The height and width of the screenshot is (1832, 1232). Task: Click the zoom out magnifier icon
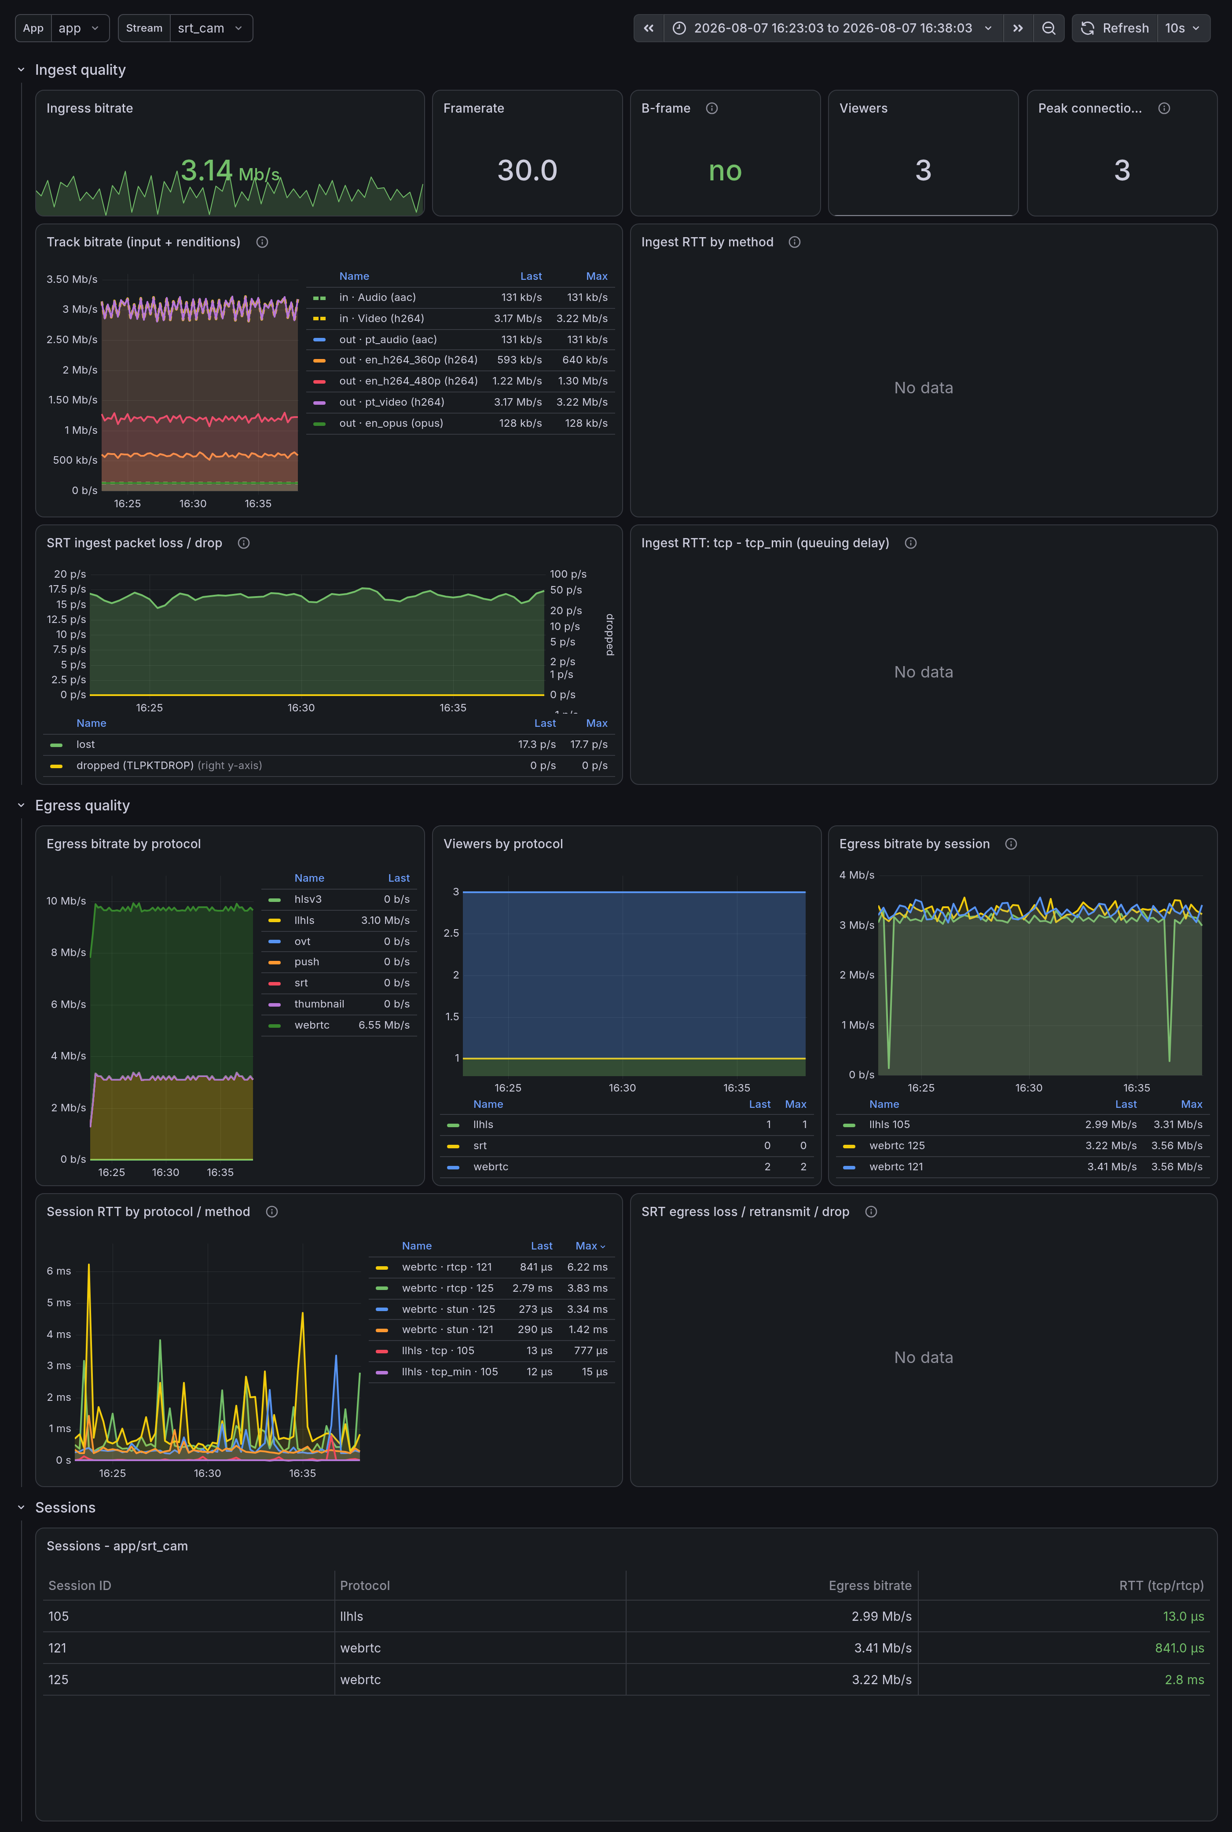tap(1048, 28)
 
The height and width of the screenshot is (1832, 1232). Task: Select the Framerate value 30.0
tap(527, 170)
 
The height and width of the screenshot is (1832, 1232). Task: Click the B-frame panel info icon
tap(712, 108)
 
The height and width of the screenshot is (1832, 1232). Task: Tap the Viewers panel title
tap(863, 108)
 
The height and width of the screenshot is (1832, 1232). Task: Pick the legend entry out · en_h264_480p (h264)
tap(409, 381)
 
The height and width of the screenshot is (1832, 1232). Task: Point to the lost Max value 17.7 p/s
tap(589, 744)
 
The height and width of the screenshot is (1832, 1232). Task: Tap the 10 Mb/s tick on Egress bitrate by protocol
tap(66, 901)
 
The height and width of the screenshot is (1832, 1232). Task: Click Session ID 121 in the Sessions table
tap(57, 1648)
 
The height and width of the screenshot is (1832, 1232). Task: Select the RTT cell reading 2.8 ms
tap(1184, 1680)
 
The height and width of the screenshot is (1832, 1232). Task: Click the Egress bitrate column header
tap(870, 1585)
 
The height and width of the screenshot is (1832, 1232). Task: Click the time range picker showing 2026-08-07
tap(833, 28)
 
